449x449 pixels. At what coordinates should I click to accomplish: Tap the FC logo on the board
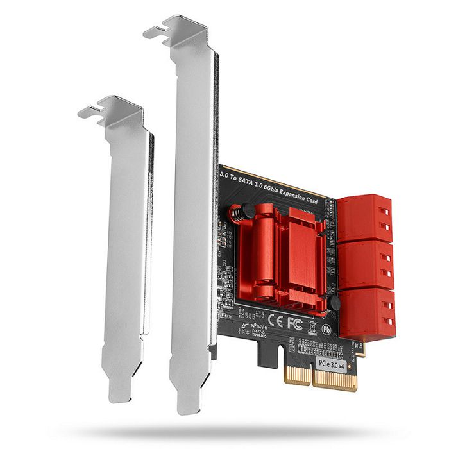tap(293, 319)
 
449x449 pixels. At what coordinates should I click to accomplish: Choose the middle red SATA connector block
tap(365, 264)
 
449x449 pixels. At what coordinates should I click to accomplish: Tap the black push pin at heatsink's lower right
tap(333, 305)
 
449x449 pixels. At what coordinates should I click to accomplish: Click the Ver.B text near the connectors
tap(359, 347)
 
